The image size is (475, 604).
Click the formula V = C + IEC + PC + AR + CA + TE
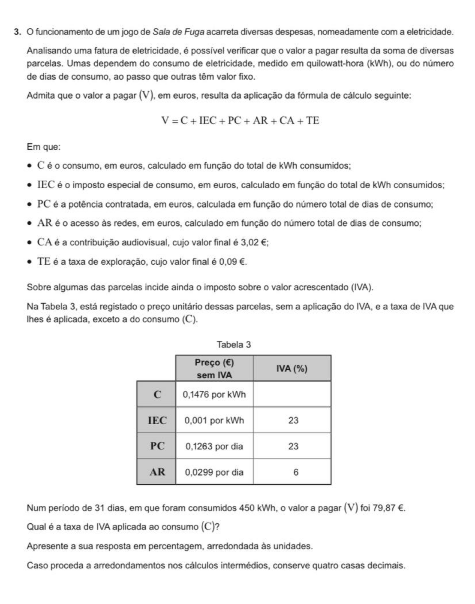click(x=240, y=121)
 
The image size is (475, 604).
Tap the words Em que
click(x=43, y=147)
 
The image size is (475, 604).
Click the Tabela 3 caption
click(x=234, y=344)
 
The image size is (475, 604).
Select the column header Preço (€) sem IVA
click(x=214, y=368)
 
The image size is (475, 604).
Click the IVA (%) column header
click(x=292, y=368)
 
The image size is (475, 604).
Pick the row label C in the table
click(x=157, y=395)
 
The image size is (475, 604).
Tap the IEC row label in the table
click(x=157, y=420)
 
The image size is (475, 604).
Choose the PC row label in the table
click(x=157, y=446)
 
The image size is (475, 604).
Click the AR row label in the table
click(x=157, y=472)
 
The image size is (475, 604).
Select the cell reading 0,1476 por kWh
click(x=214, y=395)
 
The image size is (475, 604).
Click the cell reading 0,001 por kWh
click(x=214, y=420)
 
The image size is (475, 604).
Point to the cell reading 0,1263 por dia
click(x=214, y=446)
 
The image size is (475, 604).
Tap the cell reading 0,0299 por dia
click(x=214, y=472)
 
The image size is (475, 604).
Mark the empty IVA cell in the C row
click(x=292, y=395)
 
